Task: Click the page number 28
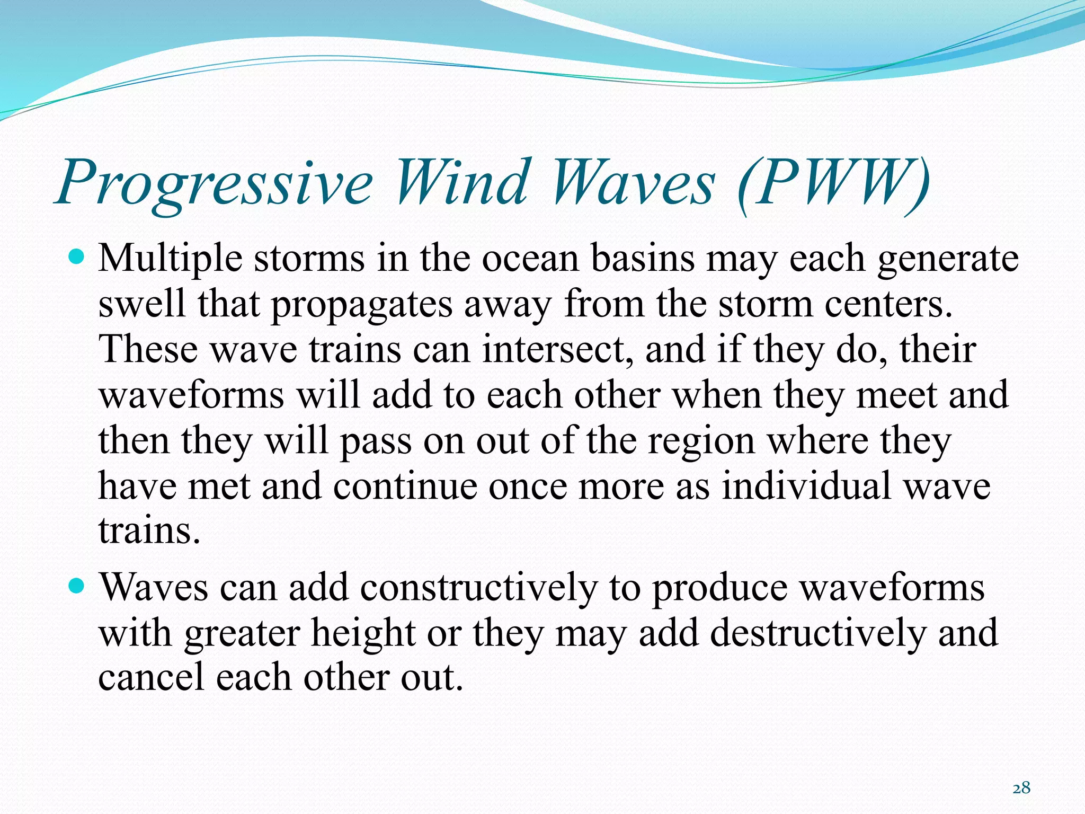[x=1021, y=788]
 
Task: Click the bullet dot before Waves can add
[x=77, y=587]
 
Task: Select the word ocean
[x=530, y=259]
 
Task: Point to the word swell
[x=142, y=304]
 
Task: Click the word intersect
[x=557, y=350]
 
